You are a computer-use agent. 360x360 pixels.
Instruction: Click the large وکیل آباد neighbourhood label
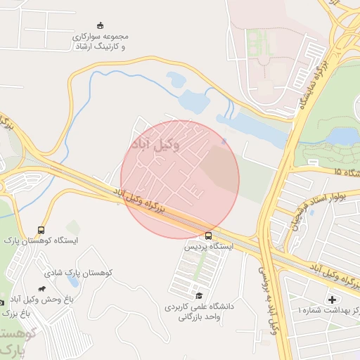tap(155, 143)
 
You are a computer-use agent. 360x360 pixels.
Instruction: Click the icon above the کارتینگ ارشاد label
tap(99, 25)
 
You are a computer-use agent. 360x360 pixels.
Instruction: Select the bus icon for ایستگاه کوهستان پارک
tap(41, 230)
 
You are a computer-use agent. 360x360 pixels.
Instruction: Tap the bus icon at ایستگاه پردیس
tap(208, 236)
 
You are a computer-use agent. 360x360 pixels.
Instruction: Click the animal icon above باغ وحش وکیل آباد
tap(43, 288)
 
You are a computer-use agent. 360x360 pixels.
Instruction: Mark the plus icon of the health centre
tap(332, 300)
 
